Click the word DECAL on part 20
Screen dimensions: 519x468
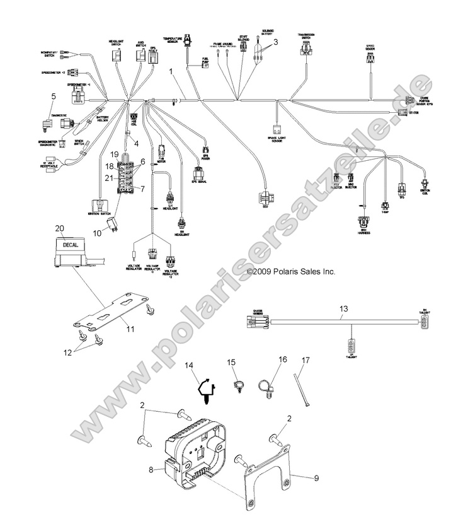(64, 243)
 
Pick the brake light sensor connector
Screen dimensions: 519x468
(275, 130)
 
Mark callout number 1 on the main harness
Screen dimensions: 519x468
(171, 73)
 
